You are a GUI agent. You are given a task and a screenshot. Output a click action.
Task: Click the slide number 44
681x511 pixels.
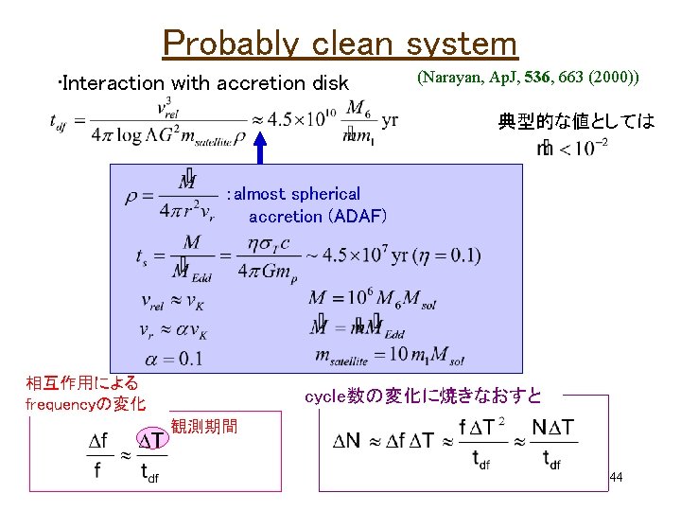616,478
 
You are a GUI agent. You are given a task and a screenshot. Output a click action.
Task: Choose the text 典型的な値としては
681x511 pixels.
576,121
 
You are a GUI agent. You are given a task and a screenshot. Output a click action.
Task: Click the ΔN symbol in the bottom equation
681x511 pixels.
348,441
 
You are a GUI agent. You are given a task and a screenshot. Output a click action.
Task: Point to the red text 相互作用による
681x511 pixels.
82,383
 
